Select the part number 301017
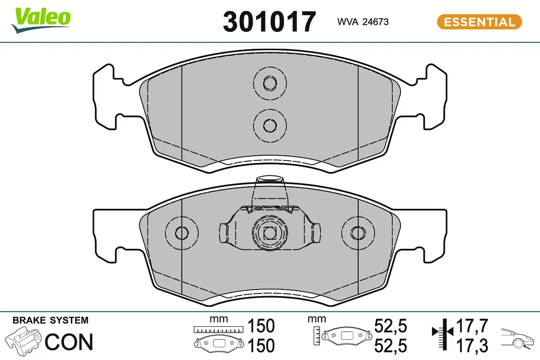[x=269, y=22]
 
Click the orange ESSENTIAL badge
[x=479, y=22]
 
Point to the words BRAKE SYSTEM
[x=50, y=320]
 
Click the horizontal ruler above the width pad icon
[x=218, y=329]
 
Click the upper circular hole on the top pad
[x=270, y=83]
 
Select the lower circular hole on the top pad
[x=270, y=125]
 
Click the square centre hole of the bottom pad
[x=269, y=233]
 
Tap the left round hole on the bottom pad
[x=181, y=233]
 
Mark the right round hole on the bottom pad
[x=358, y=233]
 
